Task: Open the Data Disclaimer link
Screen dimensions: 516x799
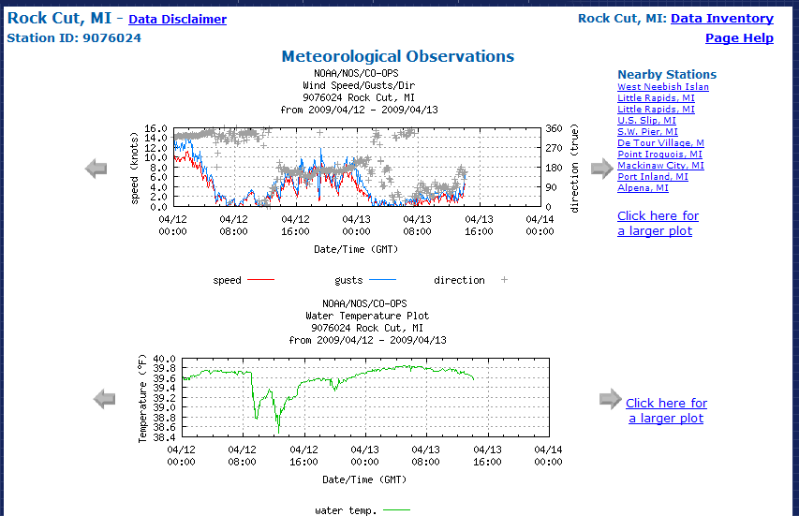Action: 177,19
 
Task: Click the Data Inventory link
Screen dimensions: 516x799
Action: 721,18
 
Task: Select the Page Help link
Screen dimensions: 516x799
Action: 739,38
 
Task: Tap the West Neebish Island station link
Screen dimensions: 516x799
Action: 662,87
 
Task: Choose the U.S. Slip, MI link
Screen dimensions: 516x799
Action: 646,121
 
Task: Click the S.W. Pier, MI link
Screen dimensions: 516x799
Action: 647,132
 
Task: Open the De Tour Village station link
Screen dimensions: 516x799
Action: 660,143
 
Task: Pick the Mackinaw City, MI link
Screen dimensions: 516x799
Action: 660,166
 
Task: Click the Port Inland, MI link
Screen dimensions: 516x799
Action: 652,177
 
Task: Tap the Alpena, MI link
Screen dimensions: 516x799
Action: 643,188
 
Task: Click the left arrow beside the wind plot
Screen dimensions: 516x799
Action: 96,169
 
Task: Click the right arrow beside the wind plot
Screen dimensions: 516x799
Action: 601,169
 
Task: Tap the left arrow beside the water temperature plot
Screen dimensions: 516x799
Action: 104,400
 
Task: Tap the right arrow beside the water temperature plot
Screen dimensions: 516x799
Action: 610,400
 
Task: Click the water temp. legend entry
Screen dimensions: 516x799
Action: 362,510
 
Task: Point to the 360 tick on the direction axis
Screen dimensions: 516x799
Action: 555,129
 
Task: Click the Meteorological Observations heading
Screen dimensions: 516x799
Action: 398,56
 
